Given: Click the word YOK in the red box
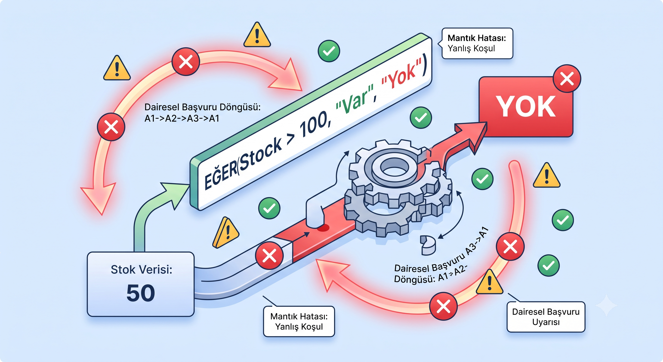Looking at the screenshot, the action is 526,107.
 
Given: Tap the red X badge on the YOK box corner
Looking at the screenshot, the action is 567,78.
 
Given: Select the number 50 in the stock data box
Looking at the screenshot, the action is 141,293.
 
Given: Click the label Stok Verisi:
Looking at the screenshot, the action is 141,270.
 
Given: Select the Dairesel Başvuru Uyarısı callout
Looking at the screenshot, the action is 546,317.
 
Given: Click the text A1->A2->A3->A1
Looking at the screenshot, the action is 182,118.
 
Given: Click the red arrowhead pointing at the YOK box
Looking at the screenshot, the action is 472,135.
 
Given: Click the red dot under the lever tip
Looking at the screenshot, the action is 323,227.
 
